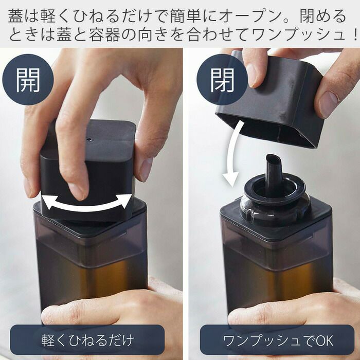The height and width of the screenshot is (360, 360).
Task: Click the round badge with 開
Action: coord(28,79)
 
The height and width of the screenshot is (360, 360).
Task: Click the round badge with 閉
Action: coord(222,79)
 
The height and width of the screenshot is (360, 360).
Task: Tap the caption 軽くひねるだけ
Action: coord(87,340)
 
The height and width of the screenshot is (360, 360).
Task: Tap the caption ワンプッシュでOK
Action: coord(278,340)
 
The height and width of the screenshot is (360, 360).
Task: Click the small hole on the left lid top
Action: coord(89,139)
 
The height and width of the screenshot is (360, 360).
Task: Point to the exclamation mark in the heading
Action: coord(355,34)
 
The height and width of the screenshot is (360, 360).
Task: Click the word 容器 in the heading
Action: coord(104,34)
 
